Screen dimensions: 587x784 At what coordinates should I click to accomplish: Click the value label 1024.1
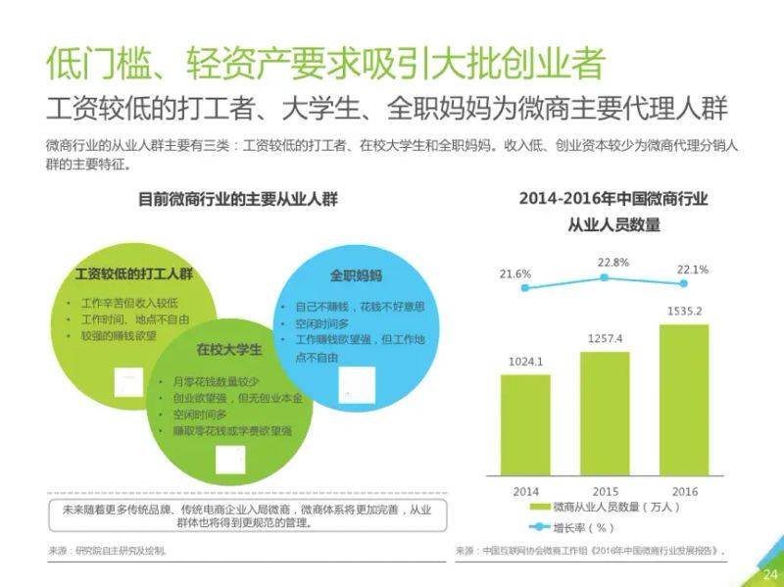pos(525,362)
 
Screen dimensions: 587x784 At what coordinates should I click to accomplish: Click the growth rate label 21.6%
pos(515,273)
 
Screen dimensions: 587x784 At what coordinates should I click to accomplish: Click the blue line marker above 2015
pos(605,277)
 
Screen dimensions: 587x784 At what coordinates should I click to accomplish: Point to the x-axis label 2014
pos(525,490)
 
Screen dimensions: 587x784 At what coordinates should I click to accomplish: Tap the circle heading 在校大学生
pos(228,350)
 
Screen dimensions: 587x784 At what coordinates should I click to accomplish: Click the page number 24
pos(768,574)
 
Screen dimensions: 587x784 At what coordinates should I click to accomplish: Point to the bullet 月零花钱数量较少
pos(216,380)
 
